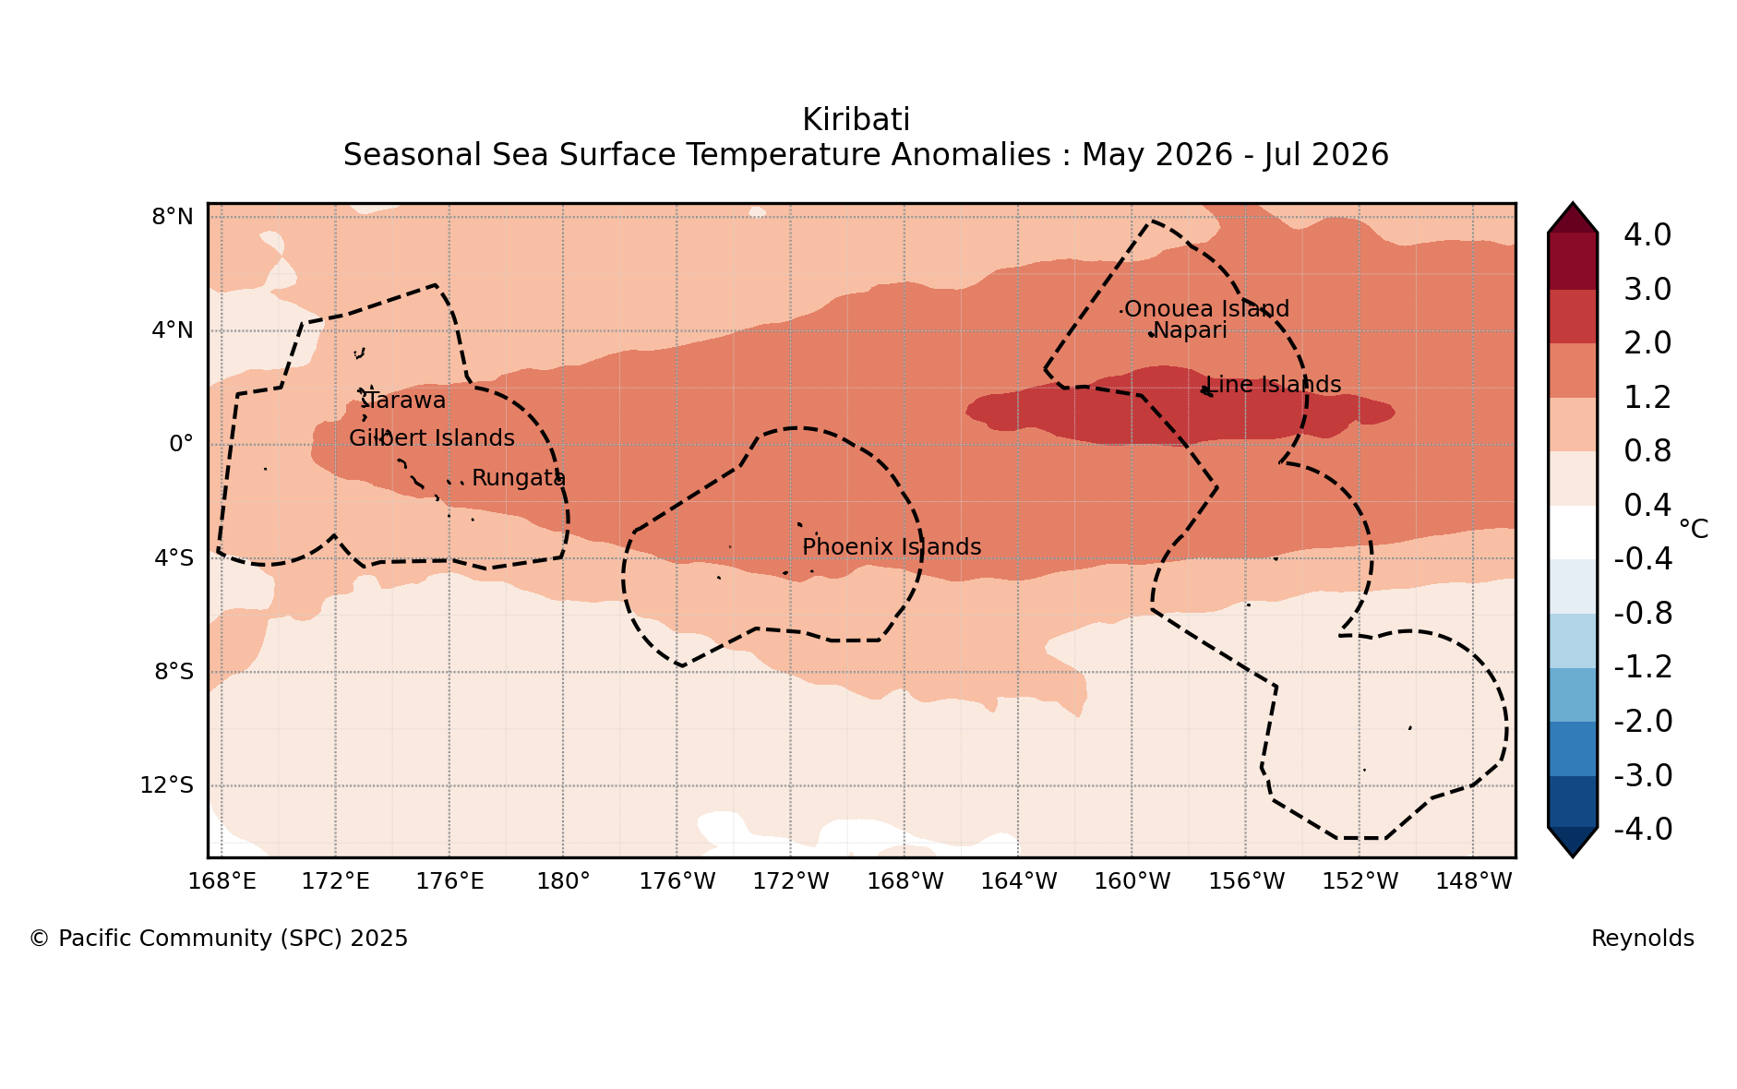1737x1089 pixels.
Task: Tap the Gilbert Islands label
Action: pyautogui.click(x=432, y=438)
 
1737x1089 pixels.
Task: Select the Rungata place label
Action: pyautogui.click(x=519, y=478)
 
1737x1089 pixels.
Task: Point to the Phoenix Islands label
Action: pyautogui.click(x=892, y=547)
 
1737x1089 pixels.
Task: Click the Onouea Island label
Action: pyautogui.click(x=1206, y=309)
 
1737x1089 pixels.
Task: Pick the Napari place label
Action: pyautogui.click(x=1190, y=330)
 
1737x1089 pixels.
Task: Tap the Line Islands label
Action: pyautogui.click(x=1274, y=385)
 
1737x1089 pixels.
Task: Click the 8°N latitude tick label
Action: pyautogui.click(x=173, y=217)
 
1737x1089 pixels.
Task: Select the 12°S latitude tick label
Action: pyautogui.click(x=166, y=785)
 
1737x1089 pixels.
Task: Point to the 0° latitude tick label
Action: pyautogui.click(x=181, y=444)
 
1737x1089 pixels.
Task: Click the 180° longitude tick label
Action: pyautogui.click(x=563, y=881)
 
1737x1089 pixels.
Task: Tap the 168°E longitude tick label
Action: pyautogui.click(x=222, y=881)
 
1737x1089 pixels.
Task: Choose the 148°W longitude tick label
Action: pyautogui.click(x=1473, y=881)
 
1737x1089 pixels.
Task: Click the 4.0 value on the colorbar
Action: pyautogui.click(x=1647, y=235)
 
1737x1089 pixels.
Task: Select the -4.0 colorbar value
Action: pyautogui.click(x=1643, y=830)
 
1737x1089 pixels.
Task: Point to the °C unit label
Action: pyautogui.click(x=1694, y=529)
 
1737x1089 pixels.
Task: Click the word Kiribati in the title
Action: pyautogui.click(x=856, y=120)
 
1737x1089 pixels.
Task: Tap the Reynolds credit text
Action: pyautogui.click(x=1643, y=939)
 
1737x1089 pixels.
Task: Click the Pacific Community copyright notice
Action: pyautogui.click(x=219, y=939)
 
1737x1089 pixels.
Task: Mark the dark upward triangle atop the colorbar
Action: pyautogui.click(x=1573, y=218)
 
